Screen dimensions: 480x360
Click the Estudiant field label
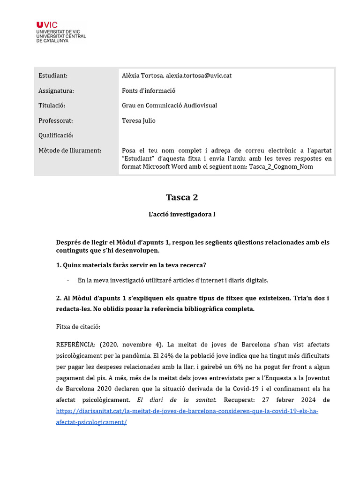pyautogui.click(x=53, y=75)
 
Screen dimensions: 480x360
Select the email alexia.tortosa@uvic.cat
pyautogui.click(x=199, y=75)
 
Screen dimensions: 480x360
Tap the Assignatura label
pyautogui.click(x=56, y=90)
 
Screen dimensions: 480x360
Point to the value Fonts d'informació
pyautogui.click(x=148, y=90)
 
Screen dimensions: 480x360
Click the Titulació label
pyautogui.click(x=52, y=105)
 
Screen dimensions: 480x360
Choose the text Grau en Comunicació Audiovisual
pyautogui.click(x=169, y=105)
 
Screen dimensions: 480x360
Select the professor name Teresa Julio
pyautogui.click(x=138, y=120)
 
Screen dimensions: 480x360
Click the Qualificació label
pyautogui.click(x=56, y=135)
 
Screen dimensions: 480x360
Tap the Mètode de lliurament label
pyautogui.click(x=70, y=150)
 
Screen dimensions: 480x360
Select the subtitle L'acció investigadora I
pyautogui.click(x=182, y=214)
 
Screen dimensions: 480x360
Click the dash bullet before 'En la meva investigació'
pyautogui.click(x=68, y=280)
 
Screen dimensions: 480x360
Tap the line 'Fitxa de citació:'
pyautogui.click(x=78, y=326)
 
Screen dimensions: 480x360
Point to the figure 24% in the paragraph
pyautogui.click(x=161, y=355)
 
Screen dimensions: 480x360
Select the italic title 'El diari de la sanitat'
pyautogui.click(x=176, y=400)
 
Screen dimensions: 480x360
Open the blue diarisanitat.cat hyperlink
pyautogui.click(x=187, y=411)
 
